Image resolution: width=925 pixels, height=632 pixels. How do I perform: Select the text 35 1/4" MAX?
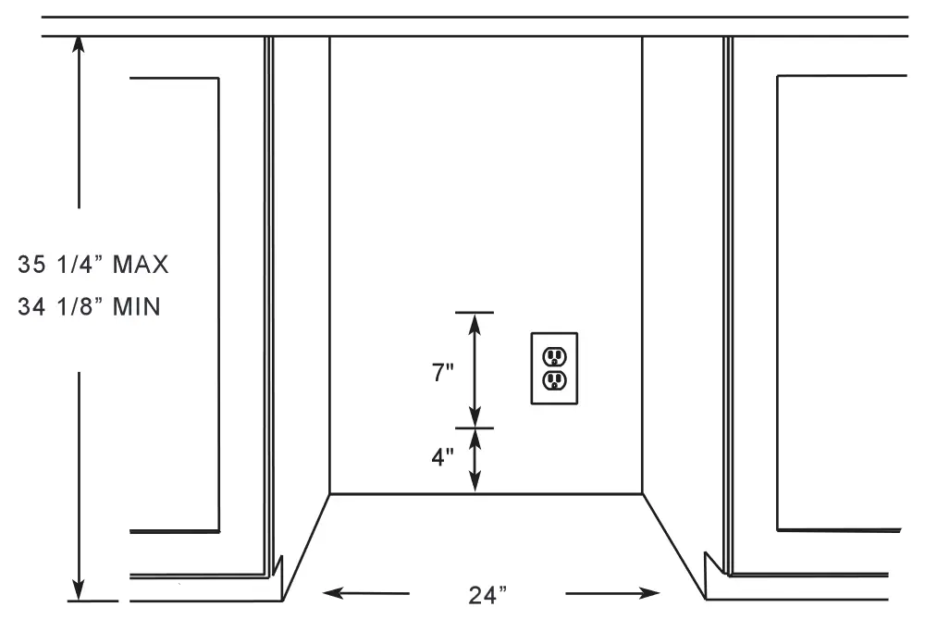click(x=93, y=265)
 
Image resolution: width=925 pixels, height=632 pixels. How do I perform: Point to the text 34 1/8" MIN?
click(x=90, y=306)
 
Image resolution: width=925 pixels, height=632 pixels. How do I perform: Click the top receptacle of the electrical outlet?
click(x=554, y=356)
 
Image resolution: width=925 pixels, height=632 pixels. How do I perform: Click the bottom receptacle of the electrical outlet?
click(x=554, y=380)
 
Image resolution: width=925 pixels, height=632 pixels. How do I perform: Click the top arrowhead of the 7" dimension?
click(x=475, y=320)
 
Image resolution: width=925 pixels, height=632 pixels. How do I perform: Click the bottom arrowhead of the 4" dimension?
click(x=475, y=485)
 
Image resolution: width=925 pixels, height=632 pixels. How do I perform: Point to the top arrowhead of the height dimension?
click(x=80, y=43)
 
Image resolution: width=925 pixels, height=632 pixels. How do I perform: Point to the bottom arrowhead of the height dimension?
click(x=80, y=591)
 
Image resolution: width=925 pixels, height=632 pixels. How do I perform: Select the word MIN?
click(x=137, y=306)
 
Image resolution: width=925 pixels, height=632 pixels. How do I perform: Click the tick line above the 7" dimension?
click(x=475, y=312)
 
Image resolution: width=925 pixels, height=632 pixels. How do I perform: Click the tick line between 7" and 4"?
click(x=475, y=428)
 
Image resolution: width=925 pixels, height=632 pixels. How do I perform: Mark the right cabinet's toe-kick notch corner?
click(x=707, y=555)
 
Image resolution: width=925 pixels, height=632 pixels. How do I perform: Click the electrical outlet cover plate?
click(x=554, y=368)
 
